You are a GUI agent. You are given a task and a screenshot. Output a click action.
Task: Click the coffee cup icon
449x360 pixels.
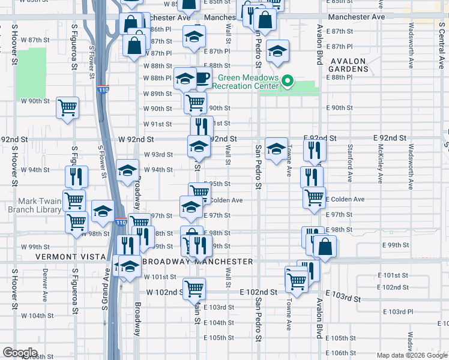tap(201, 78)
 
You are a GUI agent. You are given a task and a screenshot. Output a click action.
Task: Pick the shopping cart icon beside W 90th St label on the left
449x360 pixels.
tap(68, 107)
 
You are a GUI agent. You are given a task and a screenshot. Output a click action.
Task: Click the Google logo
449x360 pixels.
tap(20, 353)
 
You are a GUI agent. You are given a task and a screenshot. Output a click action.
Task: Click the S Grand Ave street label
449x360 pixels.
tap(104, 289)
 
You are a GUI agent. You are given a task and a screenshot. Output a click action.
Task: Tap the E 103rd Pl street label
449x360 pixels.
tap(398, 312)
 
